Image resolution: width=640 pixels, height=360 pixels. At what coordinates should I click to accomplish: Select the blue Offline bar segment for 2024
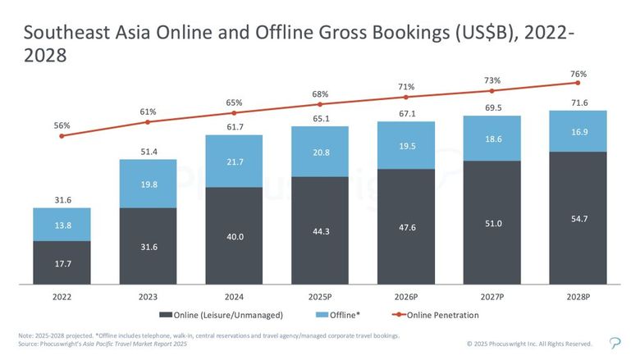pos(234,161)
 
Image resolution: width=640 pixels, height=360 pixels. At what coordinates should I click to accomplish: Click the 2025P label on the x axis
pos(320,295)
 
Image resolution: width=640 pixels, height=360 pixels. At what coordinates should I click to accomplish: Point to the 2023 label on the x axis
pos(148,295)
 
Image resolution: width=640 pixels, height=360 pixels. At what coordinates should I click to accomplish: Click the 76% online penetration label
pos(578,74)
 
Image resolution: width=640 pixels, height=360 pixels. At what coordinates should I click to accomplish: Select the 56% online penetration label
pos(62,125)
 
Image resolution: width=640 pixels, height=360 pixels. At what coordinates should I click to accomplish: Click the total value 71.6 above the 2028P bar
pos(578,102)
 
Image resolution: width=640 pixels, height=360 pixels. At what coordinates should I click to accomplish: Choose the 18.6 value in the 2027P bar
pos(491,140)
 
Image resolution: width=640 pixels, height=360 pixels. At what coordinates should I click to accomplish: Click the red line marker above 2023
pos(148,122)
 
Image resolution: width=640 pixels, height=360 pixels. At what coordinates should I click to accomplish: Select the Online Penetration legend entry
pos(439,315)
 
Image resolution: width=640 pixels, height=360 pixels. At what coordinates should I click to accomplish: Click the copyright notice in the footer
pos(528,344)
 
